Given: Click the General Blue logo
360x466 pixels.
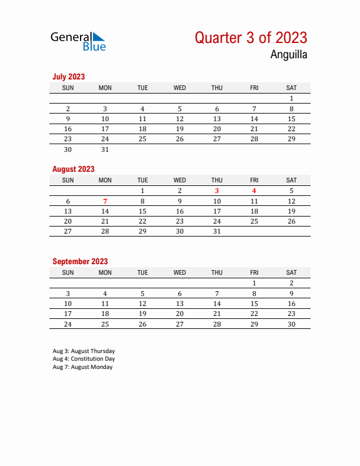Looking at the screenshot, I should point(78,41).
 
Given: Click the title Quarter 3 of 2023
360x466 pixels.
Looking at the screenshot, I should point(251,38).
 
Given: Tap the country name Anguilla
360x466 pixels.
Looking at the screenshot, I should point(288,55).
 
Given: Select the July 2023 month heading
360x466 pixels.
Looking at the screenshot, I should point(69,76).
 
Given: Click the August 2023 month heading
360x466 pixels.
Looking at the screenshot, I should point(74,169).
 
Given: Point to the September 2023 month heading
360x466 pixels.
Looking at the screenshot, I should point(80,261).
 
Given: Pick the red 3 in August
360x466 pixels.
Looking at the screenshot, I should point(216,191).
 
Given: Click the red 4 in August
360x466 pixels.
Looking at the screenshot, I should point(254,191).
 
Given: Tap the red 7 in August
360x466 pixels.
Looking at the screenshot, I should point(105,201).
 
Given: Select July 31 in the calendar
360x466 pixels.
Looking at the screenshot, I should point(105,149).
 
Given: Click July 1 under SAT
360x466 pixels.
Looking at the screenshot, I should point(291,98).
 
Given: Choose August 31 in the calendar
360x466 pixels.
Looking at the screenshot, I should point(216,231).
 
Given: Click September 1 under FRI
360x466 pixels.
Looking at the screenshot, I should point(254,283).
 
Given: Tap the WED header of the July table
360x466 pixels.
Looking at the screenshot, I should point(179,88).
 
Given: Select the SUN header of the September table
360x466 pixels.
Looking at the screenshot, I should point(68,272).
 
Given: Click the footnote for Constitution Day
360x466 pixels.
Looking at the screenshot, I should point(84,359).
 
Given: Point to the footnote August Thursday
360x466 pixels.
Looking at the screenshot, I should point(84,351).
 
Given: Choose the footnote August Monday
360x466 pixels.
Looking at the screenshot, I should point(82,367).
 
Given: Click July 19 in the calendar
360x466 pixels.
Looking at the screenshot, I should point(179,129).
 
